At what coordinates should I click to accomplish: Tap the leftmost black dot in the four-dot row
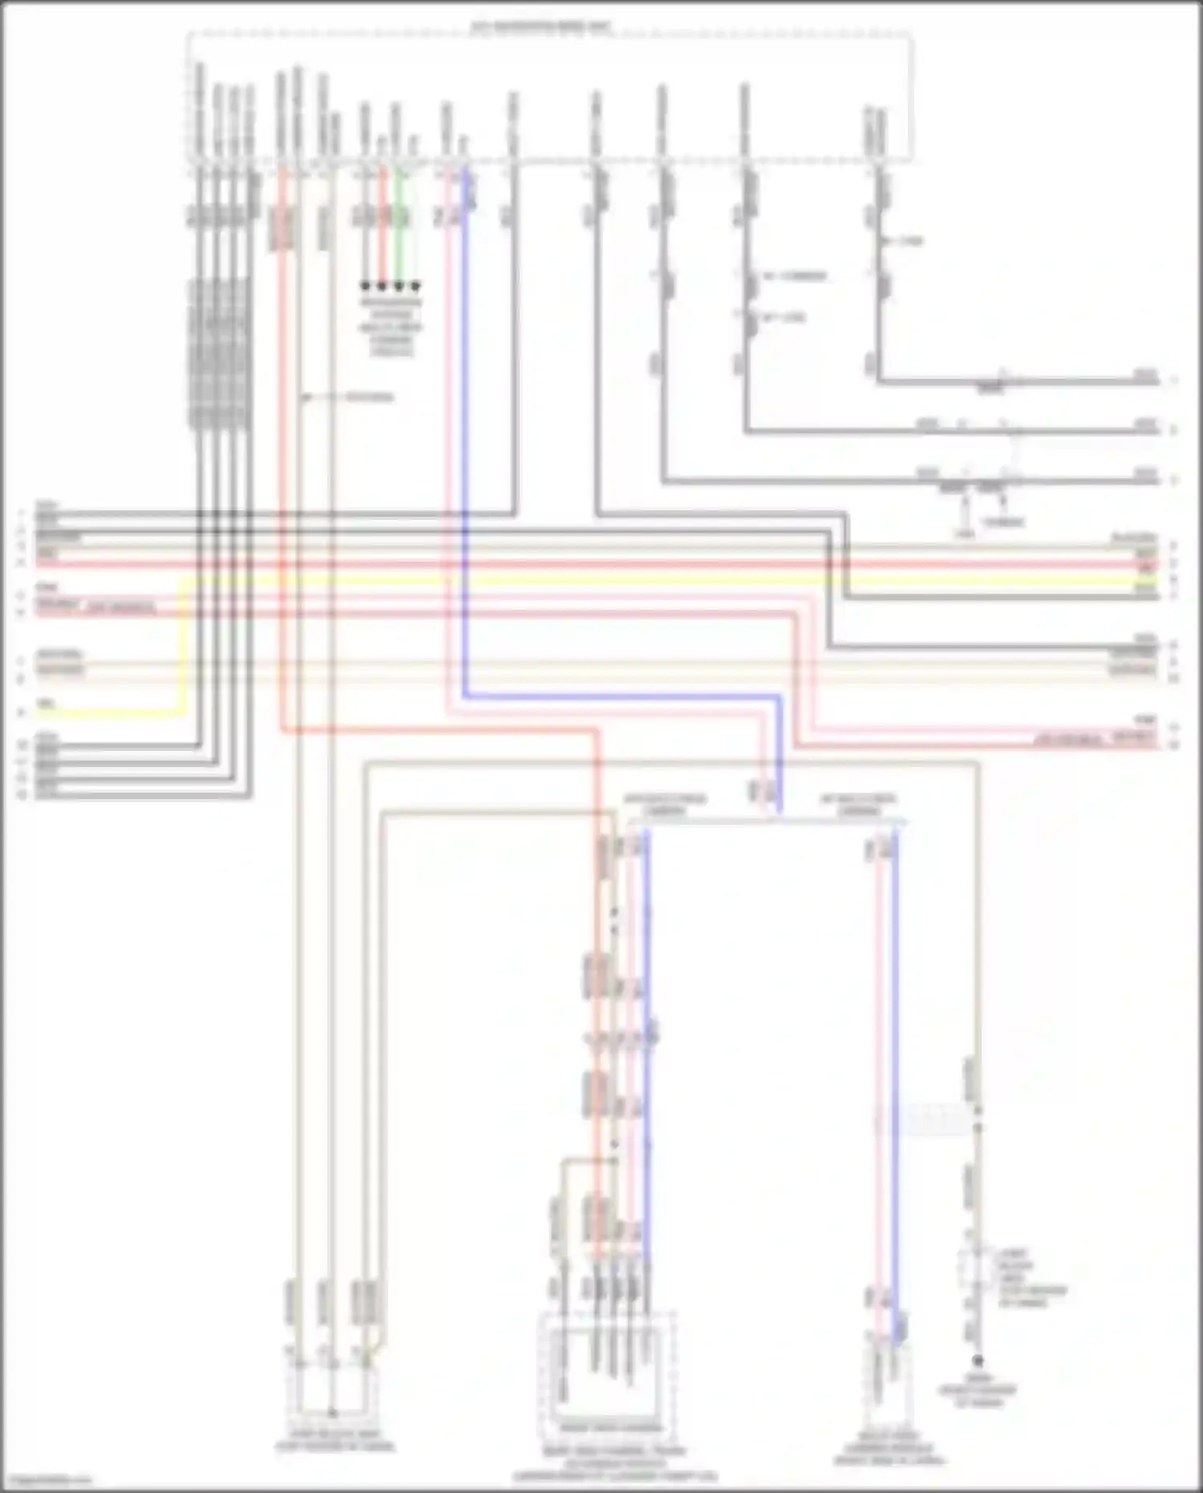pyautogui.click(x=365, y=286)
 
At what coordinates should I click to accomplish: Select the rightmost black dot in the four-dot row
pyautogui.click(x=415, y=286)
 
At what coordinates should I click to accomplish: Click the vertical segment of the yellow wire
pyautogui.click(x=184, y=642)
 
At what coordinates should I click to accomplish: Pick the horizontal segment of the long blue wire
pyautogui.click(x=618, y=696)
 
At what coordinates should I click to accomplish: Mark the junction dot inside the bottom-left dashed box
pyautogui.click(x=333, y=1414)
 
